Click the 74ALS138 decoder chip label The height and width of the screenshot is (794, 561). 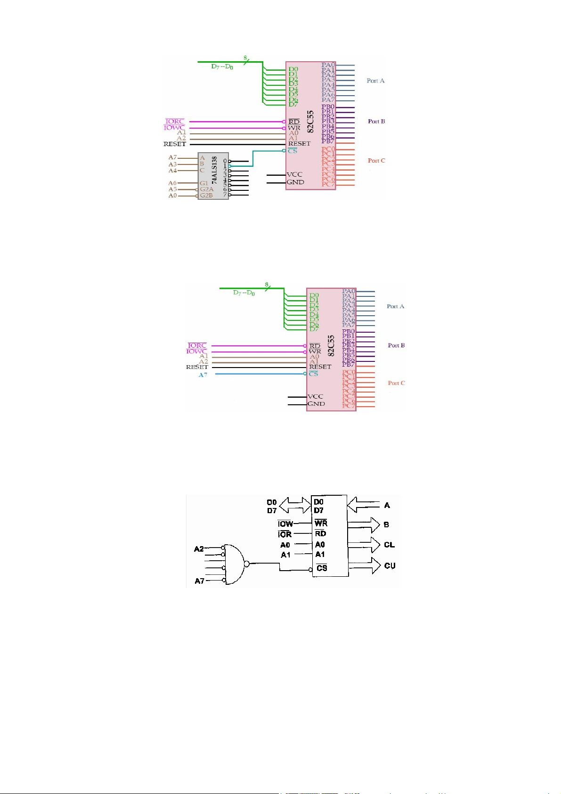click(214, 170)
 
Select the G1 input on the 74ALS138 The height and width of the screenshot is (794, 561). click(204, 183)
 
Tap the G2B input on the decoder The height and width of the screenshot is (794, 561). click(206, 195)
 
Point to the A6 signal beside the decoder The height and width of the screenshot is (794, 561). click(173, 183)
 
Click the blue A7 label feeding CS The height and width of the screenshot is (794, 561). click(203, 375)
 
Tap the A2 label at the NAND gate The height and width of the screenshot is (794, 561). click(199, 548)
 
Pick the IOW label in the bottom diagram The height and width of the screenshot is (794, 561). click(285, 524)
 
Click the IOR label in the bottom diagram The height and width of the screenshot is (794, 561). click(285, 534)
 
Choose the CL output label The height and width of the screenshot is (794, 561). click(389, 545)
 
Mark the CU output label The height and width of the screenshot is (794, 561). click(390, 565)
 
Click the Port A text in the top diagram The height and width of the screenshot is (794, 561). click(375, 81)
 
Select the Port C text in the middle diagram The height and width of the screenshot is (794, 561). click(396, 383)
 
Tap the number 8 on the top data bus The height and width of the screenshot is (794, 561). click(245, 58)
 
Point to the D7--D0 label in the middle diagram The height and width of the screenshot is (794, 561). click(244, 293)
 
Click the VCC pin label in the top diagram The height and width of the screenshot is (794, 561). click(294, 174)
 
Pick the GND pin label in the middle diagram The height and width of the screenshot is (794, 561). click(316, 403)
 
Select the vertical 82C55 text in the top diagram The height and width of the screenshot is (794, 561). click(310, 121)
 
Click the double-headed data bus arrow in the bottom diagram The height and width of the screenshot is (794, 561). click(294, 506)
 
